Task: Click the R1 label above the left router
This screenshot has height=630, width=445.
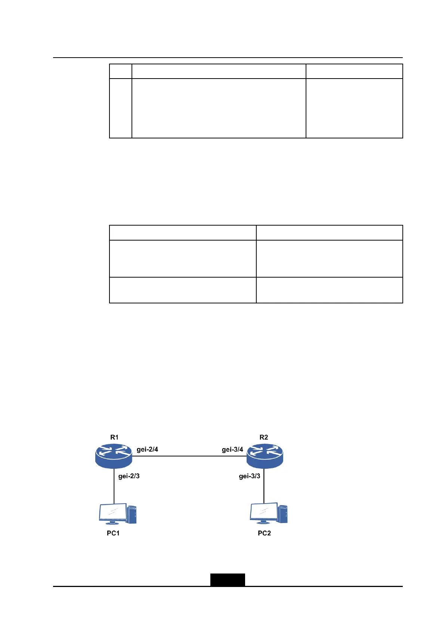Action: click(114, 437)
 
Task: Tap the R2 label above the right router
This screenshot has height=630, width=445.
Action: click(263, 437)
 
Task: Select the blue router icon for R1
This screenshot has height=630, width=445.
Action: click(114, 456)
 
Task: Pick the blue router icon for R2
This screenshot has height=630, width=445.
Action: click(265, 456)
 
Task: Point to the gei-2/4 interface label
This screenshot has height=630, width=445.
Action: click(147, 449)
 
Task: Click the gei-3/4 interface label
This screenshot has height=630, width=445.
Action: click(232, 449)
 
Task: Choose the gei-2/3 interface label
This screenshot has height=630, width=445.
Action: click(129, 476)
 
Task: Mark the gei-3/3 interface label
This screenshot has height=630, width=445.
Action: click(250, 476)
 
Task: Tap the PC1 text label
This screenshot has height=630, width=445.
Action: click(113, 533)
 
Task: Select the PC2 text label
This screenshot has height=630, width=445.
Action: click(264, 533)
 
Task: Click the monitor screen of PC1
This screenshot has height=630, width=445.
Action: click(113, 512)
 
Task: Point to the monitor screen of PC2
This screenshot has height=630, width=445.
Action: click(264, 511)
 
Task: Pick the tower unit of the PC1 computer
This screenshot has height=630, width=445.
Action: click(132, 514)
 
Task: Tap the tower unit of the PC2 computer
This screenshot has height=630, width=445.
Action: click(283, 514)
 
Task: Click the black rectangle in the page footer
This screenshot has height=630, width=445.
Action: click(228, 579)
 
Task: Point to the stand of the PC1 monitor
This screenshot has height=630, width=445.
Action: click(112, 523)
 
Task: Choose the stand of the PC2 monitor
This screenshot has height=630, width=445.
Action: click(263, 522)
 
